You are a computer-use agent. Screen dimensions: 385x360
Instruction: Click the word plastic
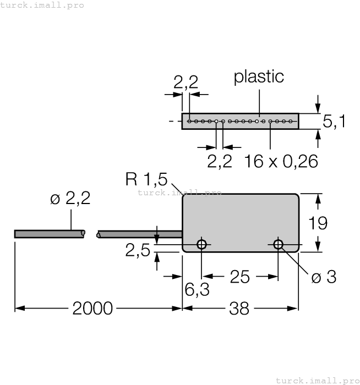pyautogui.click(x=259, y=76)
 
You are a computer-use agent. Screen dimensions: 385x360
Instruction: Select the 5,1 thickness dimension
pyautogui.click(x=334, y=122)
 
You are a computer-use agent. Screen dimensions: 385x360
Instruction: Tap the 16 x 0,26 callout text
pyautogui.click(x=281, y=162)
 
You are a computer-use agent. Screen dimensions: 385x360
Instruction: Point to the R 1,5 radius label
pyautogui.click(x=146, y=179)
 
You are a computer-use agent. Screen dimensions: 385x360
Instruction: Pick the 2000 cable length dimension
pyautogui.click(x=92, y=309)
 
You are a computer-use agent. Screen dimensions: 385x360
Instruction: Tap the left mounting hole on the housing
pyautogui.click(x=202, y=244)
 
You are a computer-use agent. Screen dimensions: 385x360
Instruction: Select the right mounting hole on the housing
pyautogui.click(x=278, y=244)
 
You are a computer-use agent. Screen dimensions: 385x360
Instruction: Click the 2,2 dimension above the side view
pyautogui.click(x=186, y=82)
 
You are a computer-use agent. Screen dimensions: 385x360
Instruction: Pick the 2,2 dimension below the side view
pyautogui.click(x=219, y=162)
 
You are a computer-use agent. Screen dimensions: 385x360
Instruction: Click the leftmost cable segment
pyautogui.click(x=50, y=234)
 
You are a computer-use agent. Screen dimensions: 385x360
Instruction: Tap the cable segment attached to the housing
pyautogui.click(x=140, y=234)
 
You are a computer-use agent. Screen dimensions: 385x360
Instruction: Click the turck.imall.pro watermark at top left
pyautogui.click(x=42, y=5)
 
